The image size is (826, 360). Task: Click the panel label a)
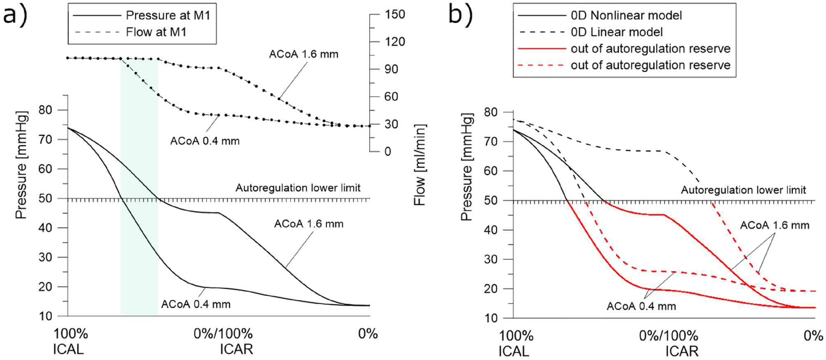[x=15, y=16]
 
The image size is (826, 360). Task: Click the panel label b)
[x=460, y=15]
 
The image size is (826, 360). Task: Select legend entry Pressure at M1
[x=168, y=15]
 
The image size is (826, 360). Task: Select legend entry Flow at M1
[x=156, y=32]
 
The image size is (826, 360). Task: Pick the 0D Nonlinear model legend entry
[x=626, y=16]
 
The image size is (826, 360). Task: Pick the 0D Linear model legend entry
[x=616, y=32]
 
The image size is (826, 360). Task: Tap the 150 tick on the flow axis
[x=395, y=14]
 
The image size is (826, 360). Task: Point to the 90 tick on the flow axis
[x=391, y=69]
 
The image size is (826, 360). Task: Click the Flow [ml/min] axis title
[x=419, y=165]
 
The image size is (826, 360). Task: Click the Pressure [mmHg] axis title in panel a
[x=21, y=165]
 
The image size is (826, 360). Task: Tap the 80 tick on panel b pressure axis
[x=491, y=112]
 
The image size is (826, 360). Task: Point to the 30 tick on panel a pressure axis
[x=45, y=257]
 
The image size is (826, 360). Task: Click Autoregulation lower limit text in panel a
[x=298, y=188]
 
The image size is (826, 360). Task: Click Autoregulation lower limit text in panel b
[x=743, y=190]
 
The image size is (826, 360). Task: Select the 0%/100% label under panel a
[x=223, y=333]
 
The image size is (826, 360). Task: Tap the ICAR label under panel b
[x=682, y=351]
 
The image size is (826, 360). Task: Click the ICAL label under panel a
[x=68, y=349]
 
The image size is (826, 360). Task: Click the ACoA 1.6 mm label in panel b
[x=774, y=225]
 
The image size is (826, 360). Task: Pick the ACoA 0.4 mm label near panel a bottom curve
[x=195, y=304]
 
